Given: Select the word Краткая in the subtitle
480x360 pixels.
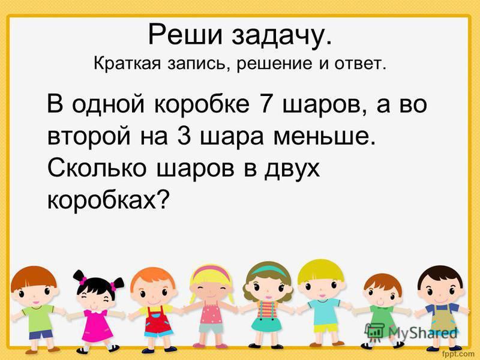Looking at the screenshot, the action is pos(127,64).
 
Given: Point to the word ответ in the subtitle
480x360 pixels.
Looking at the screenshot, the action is pos(361,64).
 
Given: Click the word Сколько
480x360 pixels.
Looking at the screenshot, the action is pos(97,169).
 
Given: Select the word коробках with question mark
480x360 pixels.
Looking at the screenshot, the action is pos(108,200).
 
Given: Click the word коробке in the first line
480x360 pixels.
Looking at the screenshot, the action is pos(202,103).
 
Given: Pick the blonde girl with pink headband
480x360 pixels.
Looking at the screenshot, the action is pos(211,306).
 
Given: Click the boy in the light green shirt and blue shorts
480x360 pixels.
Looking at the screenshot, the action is pos(36,309).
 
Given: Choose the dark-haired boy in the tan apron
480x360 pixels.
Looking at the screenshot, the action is pos(441,308).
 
